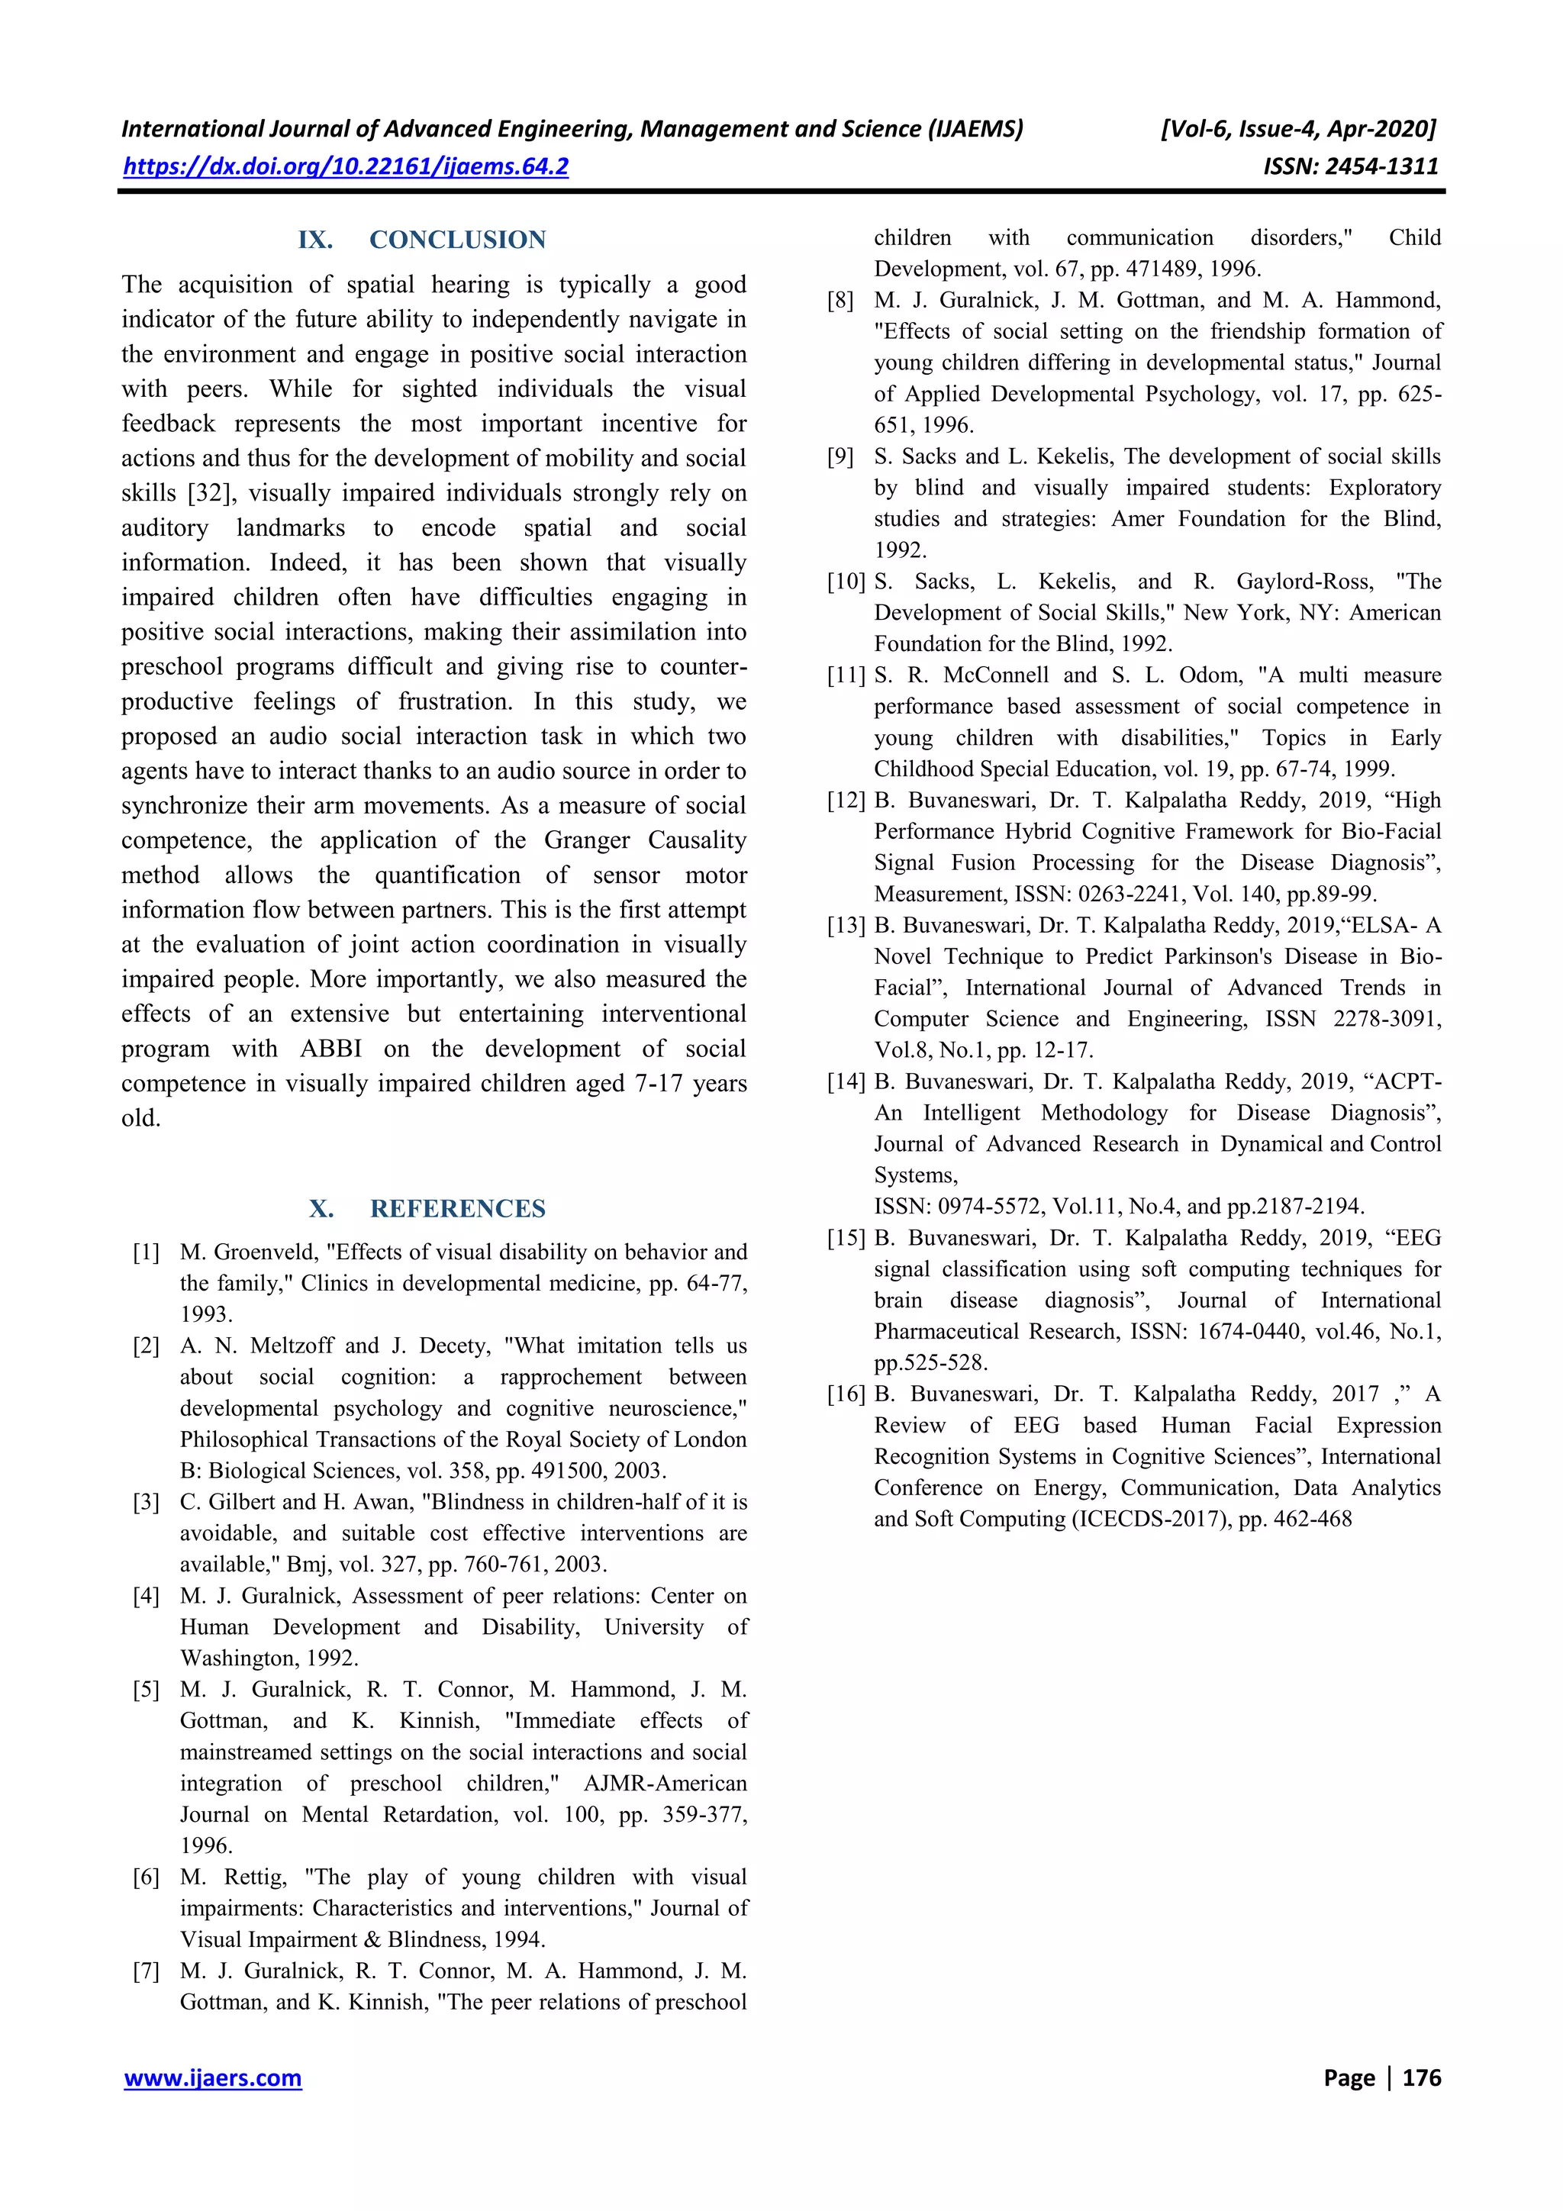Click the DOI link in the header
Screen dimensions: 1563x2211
pyautogui.click(x=346, y=166)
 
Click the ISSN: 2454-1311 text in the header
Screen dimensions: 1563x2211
pyautogui.click(x=1350, y=166)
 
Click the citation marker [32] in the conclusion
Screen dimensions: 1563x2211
pyautogui.click(x=209, y=493)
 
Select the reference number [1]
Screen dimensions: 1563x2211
pyautogui.click(x=147, y=1252)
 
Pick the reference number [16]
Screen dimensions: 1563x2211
pyautogui.click(x=846, y=1394)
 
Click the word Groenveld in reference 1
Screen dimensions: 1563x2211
pyautogui.click(x=269, y=1252)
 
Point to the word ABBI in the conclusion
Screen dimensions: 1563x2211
pyautogui.click(x=331, y=1049)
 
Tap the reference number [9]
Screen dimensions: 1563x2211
pyautogui.click(x=841, y=456)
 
